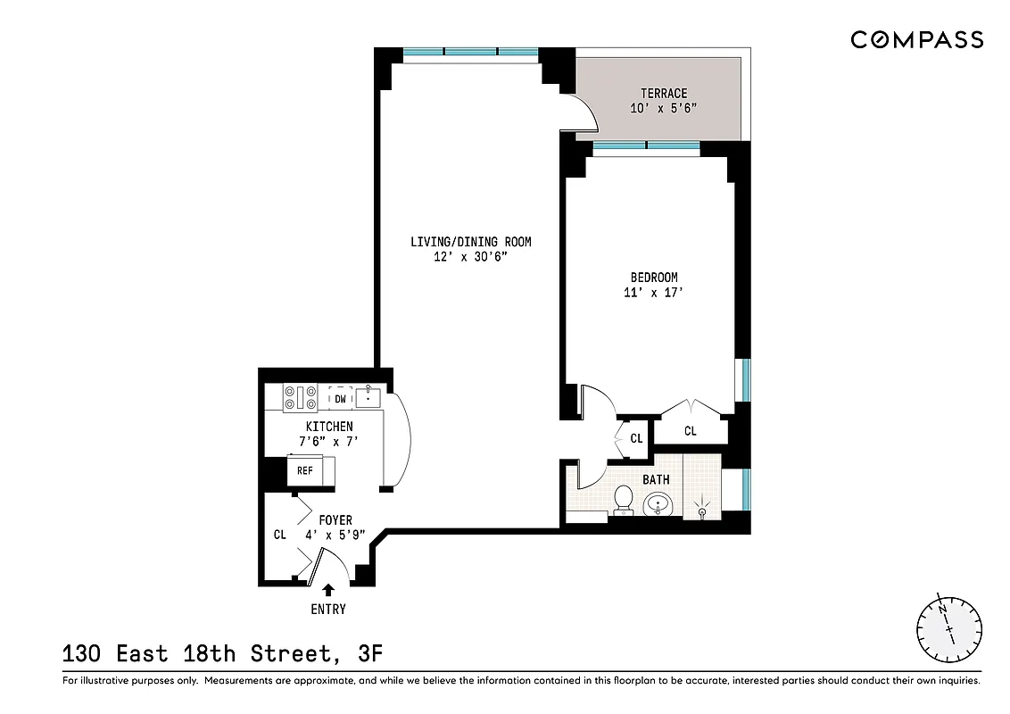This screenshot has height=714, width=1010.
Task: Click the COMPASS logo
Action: [x=916, y=39]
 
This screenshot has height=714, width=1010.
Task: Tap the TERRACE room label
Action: [x=664, y=94]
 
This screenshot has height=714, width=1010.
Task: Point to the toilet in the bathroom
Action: [x=624, y=501]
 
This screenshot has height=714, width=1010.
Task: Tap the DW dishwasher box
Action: [x=340, y=399]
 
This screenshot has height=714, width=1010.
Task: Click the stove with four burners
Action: [x=301, y=397]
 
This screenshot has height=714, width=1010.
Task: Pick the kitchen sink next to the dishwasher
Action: [x=368, y=396]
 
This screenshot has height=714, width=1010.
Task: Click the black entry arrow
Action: [x=328, y=589]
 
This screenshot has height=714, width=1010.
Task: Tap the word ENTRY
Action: [x=328, y=610]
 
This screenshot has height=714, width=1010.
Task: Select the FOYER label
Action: [x=335, y=520]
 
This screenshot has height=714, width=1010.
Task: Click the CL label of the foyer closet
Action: [x=280, y=535]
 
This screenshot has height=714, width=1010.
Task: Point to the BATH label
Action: [x=656, y=480]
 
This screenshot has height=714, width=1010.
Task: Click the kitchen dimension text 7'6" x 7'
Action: [x=328, y=441]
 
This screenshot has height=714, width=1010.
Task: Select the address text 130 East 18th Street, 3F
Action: [x=222, y=654]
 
